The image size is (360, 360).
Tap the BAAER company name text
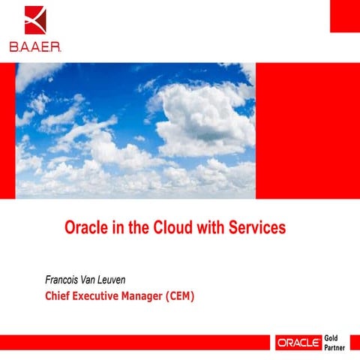point(36,46)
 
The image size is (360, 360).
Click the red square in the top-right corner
point(344,16)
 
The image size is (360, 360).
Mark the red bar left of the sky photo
point(7,130)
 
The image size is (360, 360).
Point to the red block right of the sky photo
point(307,130)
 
